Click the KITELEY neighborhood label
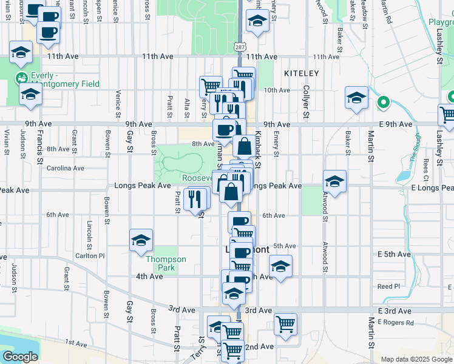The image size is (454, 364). tap(301, 73)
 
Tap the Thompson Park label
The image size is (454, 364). tap(166, 263)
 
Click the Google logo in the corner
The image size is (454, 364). tap(20, 357)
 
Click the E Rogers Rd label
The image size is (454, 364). tap(395, 323)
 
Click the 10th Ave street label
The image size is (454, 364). tap(277, 90)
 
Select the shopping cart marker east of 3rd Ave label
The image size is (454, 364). tap(285, 323)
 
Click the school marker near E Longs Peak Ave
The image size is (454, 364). tap(334, 181)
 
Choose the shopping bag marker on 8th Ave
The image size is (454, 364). tap(244, 146)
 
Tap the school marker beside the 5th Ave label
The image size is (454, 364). tap(280, 266)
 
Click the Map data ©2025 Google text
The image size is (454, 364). tap(416, 359)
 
